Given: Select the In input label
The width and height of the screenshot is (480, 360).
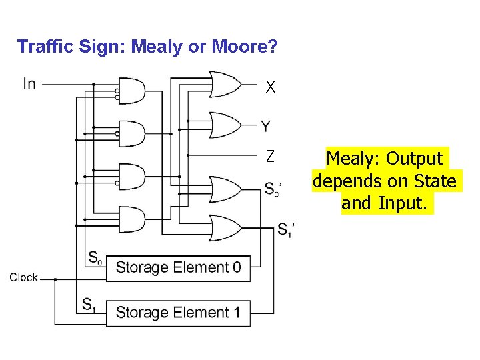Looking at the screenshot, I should [x=29, y=83].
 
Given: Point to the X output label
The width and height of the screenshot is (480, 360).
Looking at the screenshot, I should [x=270, y=87].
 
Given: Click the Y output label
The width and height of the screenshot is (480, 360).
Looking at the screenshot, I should [x=265, y=126].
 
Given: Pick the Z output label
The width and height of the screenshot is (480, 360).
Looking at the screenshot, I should [x=269, y=157].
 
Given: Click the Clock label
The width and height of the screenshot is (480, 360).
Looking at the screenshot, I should [x=23, y=277].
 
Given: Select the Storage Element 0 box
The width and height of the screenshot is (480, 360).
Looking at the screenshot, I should [x=178, y=267].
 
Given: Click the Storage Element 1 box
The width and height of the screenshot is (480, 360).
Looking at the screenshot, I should [x=178, y=312].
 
